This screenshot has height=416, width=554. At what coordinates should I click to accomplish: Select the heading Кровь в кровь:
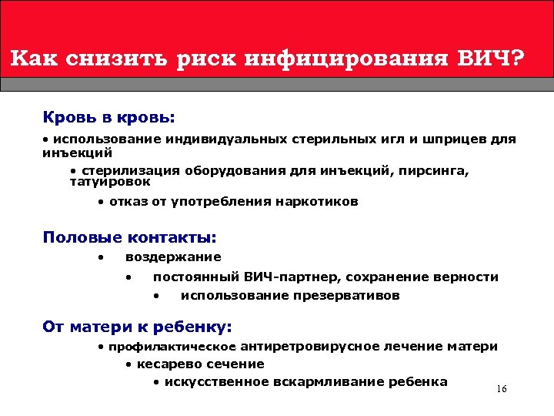[x=109, y=118]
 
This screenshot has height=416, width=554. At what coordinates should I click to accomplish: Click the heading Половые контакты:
[x=129, y=237]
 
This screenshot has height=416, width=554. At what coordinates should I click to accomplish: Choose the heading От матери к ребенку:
[x=138, y=327]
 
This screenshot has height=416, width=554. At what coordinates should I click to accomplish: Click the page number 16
[x=502, y=389]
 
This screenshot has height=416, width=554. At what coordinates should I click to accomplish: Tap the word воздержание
[x=173, y=257]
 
